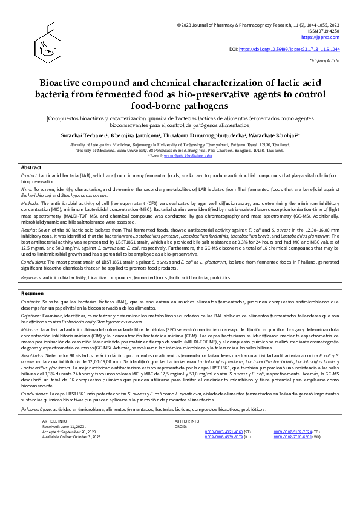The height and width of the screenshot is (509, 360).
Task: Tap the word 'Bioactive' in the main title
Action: tap(63, 83)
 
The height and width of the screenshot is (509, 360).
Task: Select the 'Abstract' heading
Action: tap(31, 167)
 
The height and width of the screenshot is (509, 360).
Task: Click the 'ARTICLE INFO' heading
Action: tap(54, 420)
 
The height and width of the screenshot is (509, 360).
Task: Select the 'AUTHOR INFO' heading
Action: tap(186, 420)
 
